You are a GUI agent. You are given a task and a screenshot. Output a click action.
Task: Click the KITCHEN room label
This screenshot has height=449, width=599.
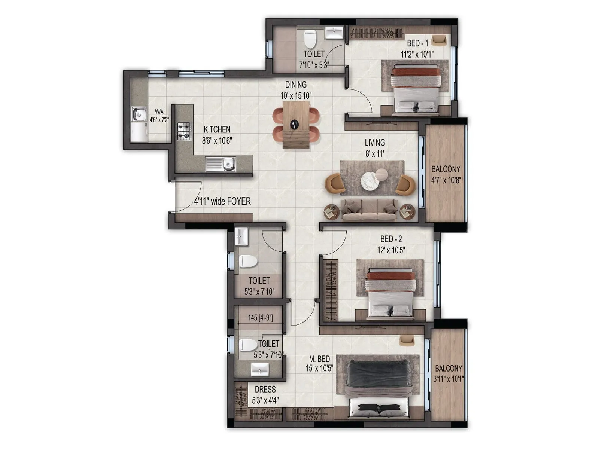217,129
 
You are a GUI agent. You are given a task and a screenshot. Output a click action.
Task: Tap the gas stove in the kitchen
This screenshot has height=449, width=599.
183,131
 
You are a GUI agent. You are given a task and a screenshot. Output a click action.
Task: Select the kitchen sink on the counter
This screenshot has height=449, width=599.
221,164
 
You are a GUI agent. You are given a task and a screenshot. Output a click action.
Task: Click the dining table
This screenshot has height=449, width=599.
296,125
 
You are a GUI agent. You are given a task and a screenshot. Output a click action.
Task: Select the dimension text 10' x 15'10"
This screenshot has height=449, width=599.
296,95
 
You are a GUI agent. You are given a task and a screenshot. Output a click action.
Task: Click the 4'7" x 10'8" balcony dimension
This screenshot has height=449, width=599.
446,180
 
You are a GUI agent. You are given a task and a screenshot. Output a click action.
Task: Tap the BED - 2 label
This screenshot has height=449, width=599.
391,239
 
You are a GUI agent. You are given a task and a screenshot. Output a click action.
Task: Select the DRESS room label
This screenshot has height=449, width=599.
265,390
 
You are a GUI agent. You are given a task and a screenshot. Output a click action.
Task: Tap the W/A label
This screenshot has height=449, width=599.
159,112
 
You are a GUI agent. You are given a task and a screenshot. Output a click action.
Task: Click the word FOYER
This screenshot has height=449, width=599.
238,201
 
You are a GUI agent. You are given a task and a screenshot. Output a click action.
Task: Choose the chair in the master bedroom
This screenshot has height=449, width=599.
406,340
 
